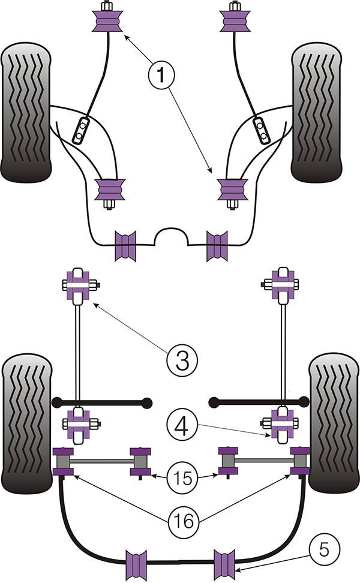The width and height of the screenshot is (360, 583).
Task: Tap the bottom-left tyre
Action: point(26,422)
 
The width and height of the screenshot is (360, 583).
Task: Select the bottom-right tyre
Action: point(334,422)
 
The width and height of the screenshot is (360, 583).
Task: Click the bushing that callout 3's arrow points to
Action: point(77,285)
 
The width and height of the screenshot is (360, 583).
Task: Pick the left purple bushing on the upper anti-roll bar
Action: point(126,245)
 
